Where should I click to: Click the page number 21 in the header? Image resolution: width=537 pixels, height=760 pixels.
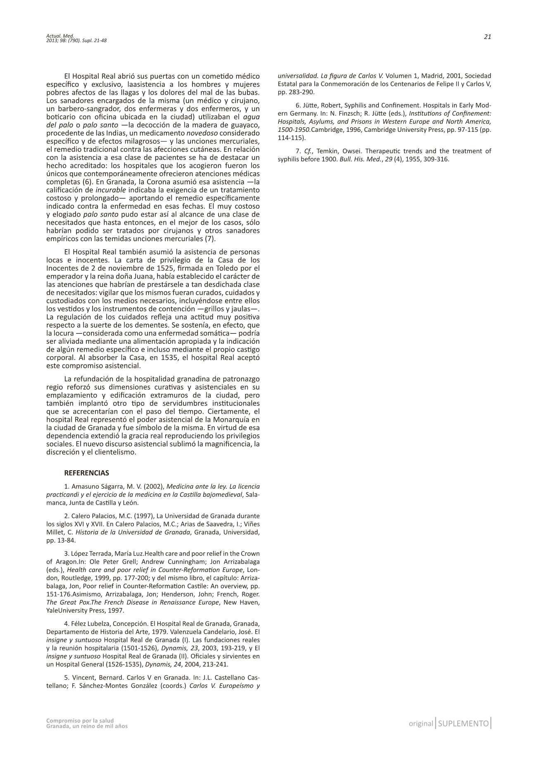487,37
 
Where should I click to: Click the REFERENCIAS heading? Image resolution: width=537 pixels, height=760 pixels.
87,473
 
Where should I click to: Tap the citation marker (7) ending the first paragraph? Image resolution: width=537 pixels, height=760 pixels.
210,239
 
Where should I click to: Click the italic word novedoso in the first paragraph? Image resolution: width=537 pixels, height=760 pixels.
202,133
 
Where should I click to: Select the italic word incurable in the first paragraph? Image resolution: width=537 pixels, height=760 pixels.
111,190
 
